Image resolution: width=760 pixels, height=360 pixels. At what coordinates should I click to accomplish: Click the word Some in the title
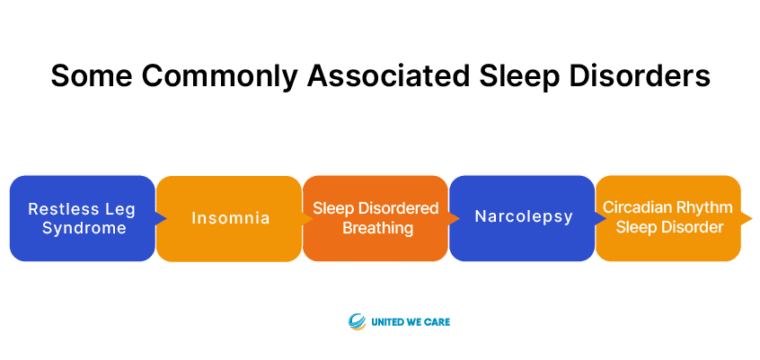pos(91,75)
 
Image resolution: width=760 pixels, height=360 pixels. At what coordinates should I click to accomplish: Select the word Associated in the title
pos(388,75)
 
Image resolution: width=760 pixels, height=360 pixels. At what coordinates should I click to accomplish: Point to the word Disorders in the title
pos(641,75)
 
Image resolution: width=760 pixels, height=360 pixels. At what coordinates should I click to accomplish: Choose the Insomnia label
pos(230,218)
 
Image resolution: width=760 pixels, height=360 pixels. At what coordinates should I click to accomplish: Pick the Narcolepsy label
pos(524,217)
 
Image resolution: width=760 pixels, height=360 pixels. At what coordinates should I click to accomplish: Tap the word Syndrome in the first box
pos(84,228)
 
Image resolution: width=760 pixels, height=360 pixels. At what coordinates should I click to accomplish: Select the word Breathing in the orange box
pos(378,228)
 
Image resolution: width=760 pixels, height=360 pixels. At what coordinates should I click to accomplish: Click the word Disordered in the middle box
pos(396,209)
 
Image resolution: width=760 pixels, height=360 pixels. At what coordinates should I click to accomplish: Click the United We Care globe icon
pos(357,321)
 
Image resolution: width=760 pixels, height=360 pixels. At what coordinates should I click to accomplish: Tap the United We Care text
pos(411,321)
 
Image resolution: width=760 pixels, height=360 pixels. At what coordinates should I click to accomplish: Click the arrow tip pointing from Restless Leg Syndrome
pos(166,218)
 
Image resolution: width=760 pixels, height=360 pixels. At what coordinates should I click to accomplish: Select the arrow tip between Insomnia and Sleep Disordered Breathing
pos(313,218)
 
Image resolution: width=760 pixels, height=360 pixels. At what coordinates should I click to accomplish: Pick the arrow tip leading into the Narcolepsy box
pos(459,218)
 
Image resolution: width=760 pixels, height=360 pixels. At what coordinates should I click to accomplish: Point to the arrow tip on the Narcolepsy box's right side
pos(605,218)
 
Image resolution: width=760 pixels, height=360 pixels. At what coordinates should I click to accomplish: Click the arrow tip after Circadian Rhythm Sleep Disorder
pos(752,218)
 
